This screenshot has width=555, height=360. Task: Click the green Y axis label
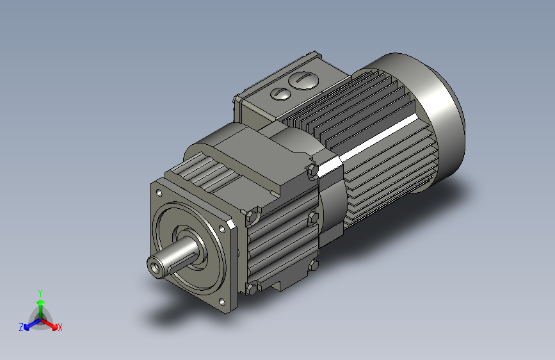(x=40, y=291)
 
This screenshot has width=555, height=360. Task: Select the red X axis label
(x=60, y=328)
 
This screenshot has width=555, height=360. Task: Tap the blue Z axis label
(x=21, y=327)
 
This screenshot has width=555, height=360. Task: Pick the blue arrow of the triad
(x=29, y=323)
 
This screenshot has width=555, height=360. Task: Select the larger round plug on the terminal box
(x=303, y=81)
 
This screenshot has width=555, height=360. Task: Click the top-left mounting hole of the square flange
(x=158, y=192)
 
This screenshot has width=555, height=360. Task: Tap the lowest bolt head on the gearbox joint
(x=314, y=265)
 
